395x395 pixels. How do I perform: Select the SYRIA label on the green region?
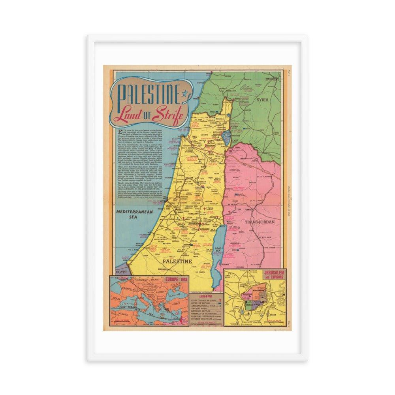263,100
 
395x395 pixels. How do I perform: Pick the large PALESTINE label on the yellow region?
178,261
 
